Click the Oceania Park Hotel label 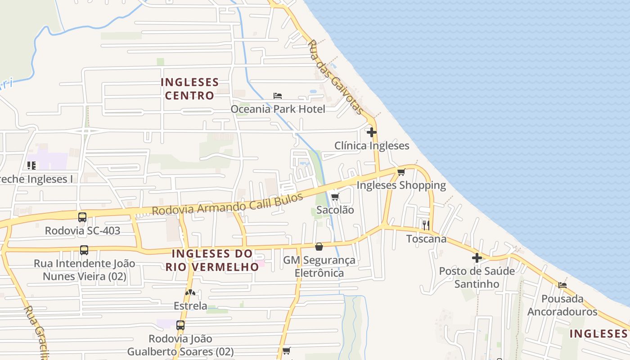click(x=278, y=109)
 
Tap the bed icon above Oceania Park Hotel click(x=278, y=96)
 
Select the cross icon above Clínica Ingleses click(x=372, y=132)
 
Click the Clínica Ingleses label click(x=372, y=146)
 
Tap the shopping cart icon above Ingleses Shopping click(x=401, y=172)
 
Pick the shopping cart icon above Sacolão click(x=335, y=197)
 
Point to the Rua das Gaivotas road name click(x=336, y=76)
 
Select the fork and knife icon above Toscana click(x=426, y=225)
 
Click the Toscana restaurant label click(x=426, y=238)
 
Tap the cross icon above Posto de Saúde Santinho click(x=477, y=258)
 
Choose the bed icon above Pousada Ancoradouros click(x=562, y=285)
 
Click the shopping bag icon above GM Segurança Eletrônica click(x=319, y=247)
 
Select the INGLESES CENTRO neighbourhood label click(x=189, y=89)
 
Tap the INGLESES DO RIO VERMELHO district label click(x=212, y=260)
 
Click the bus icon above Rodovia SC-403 click(x=82, y=217)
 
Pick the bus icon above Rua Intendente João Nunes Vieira click(x=84, y=250)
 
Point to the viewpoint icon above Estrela click(x=190, y=292)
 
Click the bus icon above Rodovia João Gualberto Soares click(x=180, y=325)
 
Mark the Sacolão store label click(x=335, y=210)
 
